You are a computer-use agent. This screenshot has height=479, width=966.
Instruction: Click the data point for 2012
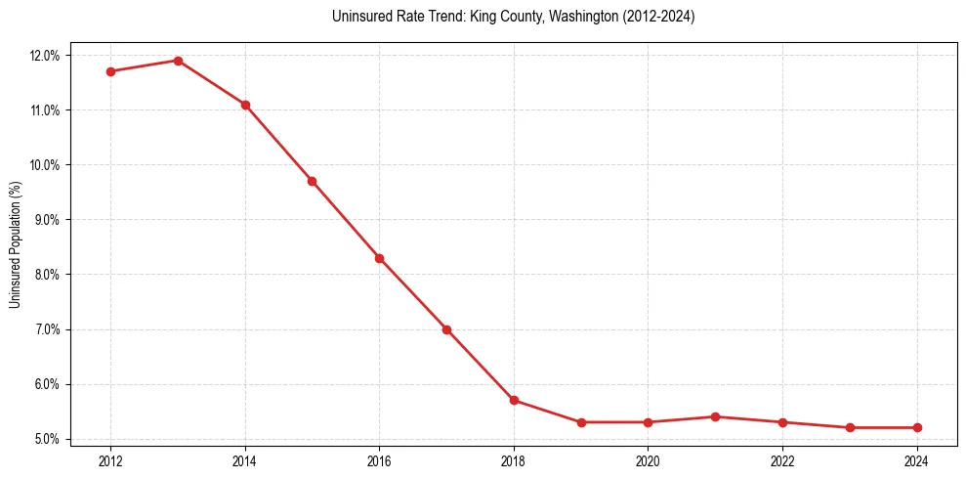pyautogui.click(x=110, y=71)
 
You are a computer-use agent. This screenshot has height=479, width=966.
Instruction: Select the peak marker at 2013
pyautogui.click(x=178, y=61)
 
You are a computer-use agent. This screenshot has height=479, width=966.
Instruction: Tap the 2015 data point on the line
pyautogui.click(x=312, y=181)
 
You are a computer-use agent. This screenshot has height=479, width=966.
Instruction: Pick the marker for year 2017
pyautogui.click(x=446, y=329)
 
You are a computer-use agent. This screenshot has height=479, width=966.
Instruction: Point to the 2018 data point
pyautogui.click(x=514, y=400)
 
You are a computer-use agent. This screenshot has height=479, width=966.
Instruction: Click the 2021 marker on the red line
pyautogui.click(x=715, y=416)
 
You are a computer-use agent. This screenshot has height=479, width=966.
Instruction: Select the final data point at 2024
pyautogui.click(x=917, y=427)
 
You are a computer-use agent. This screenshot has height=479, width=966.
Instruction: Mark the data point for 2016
pyautogui.click(x=379, y=258)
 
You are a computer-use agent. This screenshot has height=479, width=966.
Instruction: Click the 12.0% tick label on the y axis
pyautogui.click(x=45, y=56)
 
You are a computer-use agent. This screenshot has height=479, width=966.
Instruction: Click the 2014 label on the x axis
pyautogui.click(x=245, y=460)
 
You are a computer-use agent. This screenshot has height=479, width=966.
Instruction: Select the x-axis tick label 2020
pyautogui.click(x=648, y=460)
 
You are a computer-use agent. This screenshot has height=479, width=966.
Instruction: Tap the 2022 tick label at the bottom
pyautogui.click(x=782, y=460)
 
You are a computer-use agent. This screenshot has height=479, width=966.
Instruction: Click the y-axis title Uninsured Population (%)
pyautogui.click(x=15, y=243)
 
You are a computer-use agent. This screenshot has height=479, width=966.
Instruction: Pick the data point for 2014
pyautogui.click(x=245, y=105)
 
